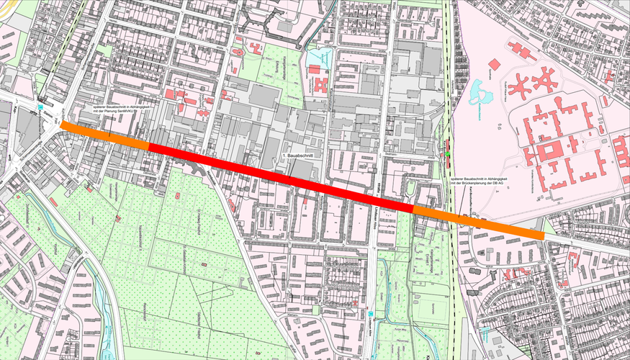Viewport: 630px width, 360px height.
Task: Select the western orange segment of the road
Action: coord(105,136)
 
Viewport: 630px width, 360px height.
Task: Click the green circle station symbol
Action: coord(447,154)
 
